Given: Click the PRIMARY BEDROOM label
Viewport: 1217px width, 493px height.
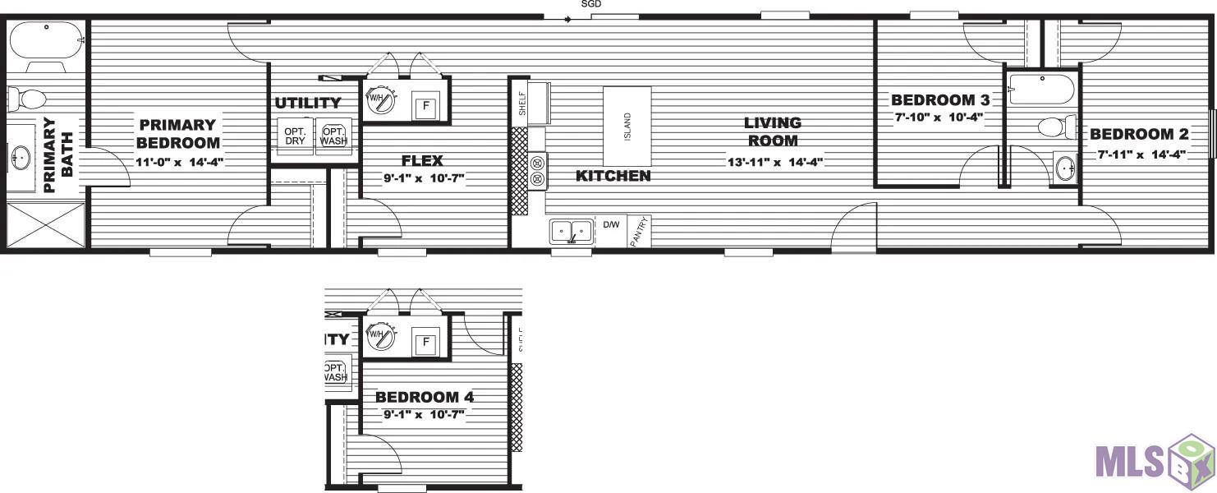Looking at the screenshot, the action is (x=178, y=134).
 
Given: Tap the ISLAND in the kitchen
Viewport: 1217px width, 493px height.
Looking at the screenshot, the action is (x=627, y=126).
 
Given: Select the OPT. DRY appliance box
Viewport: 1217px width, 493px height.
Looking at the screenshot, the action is (x=295, y=136).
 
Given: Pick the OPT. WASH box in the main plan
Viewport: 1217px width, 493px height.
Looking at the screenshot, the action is (x=333, y=136).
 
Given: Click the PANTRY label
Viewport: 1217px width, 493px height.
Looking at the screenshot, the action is (x=640, y=232).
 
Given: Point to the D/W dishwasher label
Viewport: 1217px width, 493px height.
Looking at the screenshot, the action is (x=611, y=224).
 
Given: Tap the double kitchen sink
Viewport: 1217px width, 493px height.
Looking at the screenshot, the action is (x=571, y=232).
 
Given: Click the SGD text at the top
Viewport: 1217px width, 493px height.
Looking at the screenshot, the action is (x=591, y=4).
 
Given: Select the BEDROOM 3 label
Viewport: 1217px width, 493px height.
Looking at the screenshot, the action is (x=940, y=100).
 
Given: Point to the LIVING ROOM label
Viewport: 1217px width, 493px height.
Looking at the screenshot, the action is (x=773, y=131).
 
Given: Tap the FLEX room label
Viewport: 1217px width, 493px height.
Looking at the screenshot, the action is (x=422, y=160).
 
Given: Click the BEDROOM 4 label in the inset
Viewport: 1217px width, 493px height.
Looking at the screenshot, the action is (x=425, y=397).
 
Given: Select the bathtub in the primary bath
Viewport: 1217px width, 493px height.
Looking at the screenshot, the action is (x=47, y=40).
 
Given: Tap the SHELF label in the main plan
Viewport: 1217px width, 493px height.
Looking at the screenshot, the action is (x=522, y=104).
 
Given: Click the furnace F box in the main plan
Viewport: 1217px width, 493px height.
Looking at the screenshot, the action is (x=426, y=106).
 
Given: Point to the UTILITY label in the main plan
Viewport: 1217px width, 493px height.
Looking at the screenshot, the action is (x=308, y=103).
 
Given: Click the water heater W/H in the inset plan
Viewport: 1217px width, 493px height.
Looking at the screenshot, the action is (x=380, y=336).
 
